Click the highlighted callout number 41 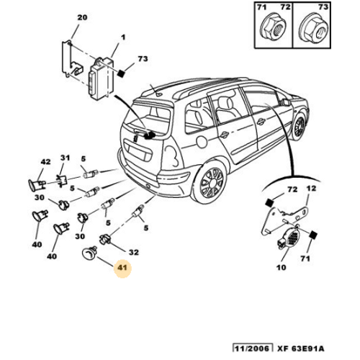[x=122, y=267]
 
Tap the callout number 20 [x=82, y=17]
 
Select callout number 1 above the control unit [x=123, y=37]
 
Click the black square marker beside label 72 [x=269, y=203]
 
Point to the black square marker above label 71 [x=313, y=235]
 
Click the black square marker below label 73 [x=121, y=73]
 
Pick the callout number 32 [x=134, y=252]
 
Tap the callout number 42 [x=45, y=162]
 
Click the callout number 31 [x=65, y=158]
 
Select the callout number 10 [x=282, y=267]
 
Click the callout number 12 [x=311, y=189]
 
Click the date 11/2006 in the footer [x=252, y=348]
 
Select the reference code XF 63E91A [x=301, y=348]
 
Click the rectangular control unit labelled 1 [x=102, y=78]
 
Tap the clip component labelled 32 [x=105, y=239]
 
